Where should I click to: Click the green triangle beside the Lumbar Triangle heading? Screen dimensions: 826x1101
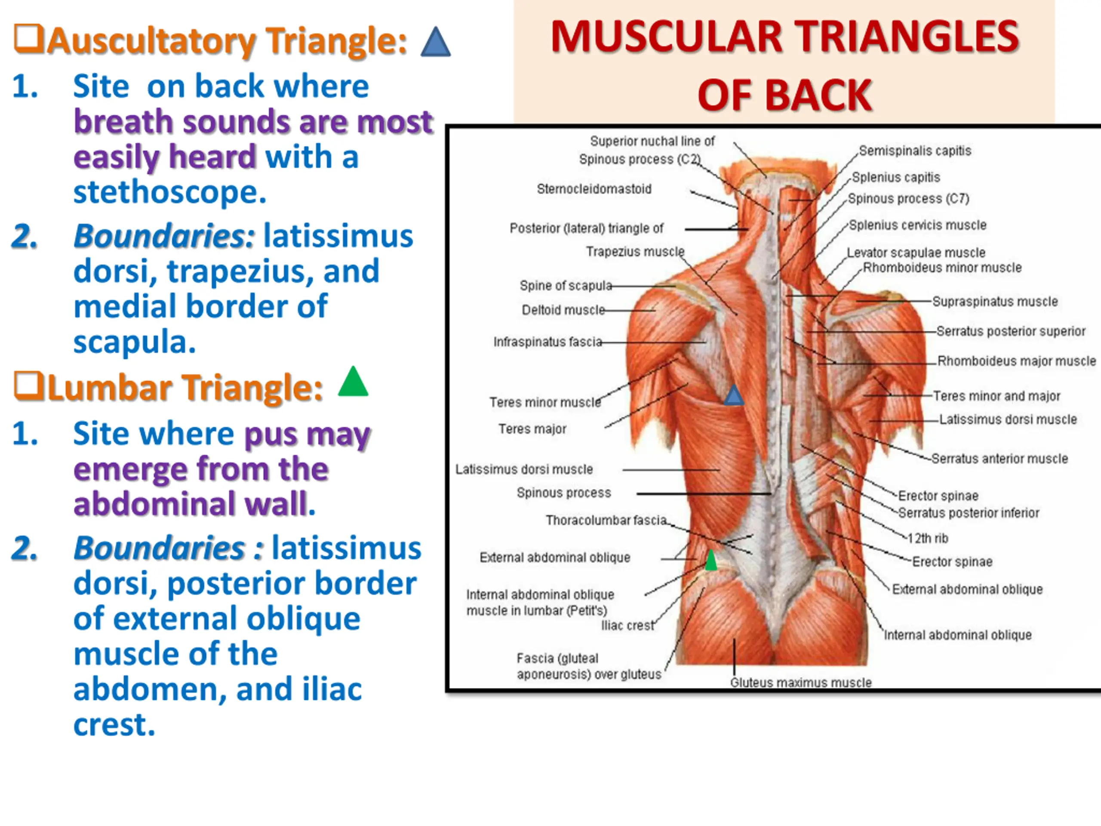pos(353,382)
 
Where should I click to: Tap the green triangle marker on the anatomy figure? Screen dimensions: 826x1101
pos(711,561)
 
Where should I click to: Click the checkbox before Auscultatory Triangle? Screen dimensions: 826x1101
pos(28,38)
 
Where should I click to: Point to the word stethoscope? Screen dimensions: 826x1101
pos(170,192)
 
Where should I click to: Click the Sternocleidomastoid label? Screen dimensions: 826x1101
pos(594,189)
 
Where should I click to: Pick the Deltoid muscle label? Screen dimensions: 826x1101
pos(563,310)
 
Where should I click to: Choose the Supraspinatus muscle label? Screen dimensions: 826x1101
pos(994,302)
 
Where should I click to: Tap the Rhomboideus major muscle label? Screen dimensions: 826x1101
pos(1016,361)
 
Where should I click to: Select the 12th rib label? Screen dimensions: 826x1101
pos(928,538)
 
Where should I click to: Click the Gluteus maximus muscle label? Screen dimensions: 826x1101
pos(800,682)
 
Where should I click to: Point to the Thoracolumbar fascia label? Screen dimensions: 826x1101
pos(606,520)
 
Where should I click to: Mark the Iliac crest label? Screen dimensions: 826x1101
pos(627,626)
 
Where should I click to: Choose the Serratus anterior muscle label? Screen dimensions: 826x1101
pos(1000,459)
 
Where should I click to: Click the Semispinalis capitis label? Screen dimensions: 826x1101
pos(915,151)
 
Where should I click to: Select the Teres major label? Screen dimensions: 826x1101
pos(532,428)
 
